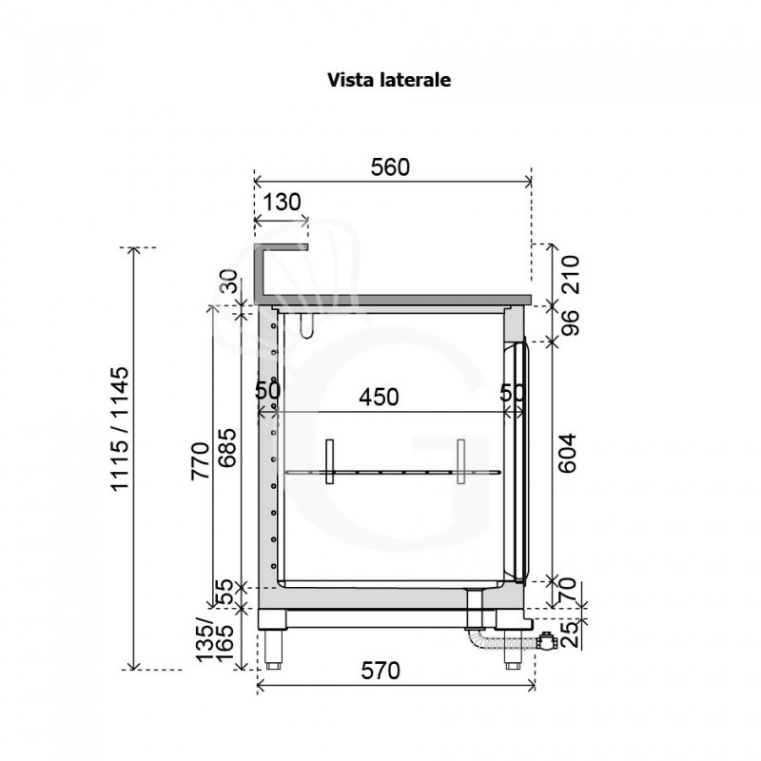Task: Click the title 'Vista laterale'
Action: point(389,80)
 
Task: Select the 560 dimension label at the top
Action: point(390,167)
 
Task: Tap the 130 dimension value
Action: point(282,202)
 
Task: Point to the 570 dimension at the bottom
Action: point(380,672)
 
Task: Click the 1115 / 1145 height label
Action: point(120,429)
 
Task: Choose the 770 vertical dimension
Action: point(201,461)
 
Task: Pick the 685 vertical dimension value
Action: point(226,448)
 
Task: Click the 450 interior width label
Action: point(379,398)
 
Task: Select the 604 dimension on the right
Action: point(567,454)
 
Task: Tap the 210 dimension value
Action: point(571,275)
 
